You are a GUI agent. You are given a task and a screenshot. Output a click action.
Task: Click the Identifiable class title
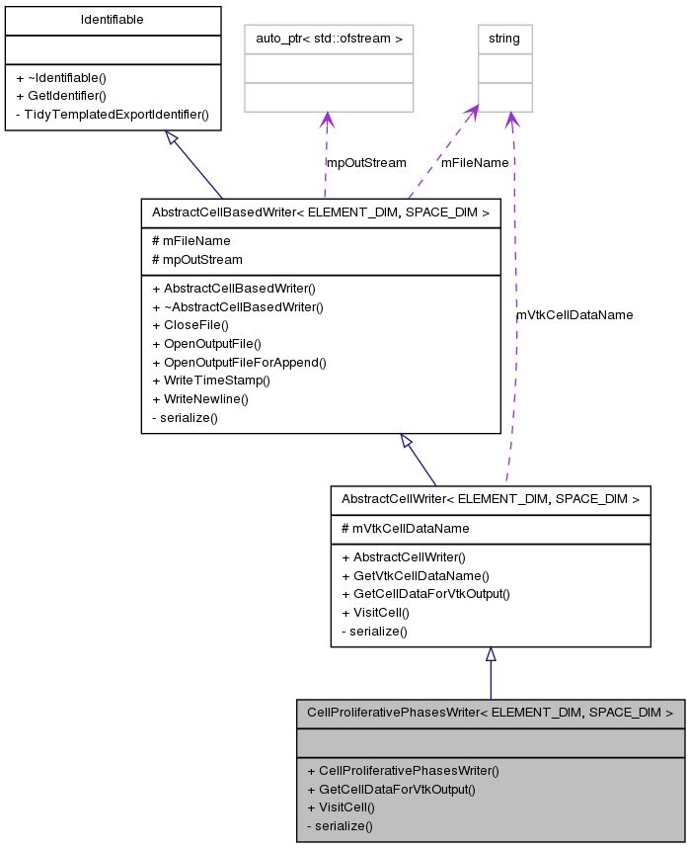point(112,19)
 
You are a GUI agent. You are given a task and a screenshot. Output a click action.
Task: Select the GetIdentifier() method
point(67,95)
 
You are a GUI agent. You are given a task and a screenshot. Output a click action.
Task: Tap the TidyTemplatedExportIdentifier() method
point(112,114)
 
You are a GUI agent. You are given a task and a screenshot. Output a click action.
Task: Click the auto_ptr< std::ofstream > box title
point(328,39)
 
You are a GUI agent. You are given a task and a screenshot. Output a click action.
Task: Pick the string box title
point(504,39)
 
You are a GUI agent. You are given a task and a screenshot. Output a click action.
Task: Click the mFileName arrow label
point(475,162)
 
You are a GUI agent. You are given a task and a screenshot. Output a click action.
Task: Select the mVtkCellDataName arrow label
point(575,314)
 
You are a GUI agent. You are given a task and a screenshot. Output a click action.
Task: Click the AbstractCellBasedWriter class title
point(320,212)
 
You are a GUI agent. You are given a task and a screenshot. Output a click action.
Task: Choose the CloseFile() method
point(190,324)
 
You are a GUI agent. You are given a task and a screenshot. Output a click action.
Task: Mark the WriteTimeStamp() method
point(210,381)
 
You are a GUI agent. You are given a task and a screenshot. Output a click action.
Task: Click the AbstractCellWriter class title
point(490,499)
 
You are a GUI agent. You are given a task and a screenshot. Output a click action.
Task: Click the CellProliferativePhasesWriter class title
point(490,712)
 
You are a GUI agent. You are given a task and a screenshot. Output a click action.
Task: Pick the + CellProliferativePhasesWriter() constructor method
point(403,770)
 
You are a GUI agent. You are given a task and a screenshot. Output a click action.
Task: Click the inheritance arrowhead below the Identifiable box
point(172,139)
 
